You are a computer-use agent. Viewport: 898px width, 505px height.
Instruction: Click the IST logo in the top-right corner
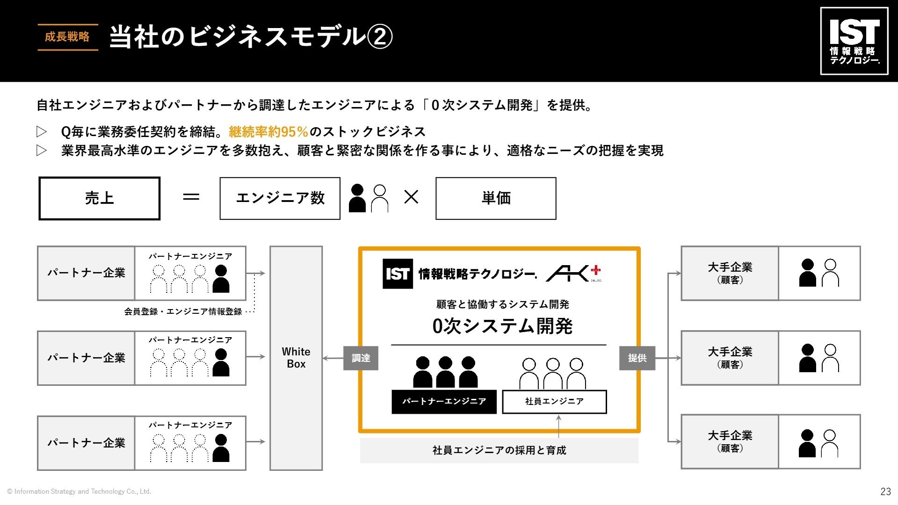tap(854, 41)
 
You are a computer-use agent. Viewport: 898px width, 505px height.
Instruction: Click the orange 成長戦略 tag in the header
tap(67, 37)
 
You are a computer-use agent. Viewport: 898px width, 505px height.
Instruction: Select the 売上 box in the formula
tap(99, 198)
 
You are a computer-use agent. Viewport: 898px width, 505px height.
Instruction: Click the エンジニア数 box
tap(280, 198)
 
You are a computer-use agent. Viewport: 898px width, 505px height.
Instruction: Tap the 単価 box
tap(496, 198)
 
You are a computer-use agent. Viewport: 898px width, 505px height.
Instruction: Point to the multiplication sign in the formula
tap(411, 197)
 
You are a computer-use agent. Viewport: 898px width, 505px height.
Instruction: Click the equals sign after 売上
tap(191, 197)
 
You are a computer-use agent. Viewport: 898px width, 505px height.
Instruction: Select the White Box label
tap(296, 358)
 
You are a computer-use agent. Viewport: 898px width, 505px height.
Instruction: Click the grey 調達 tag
tap(361, 358)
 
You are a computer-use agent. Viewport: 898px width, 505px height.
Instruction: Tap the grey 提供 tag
tap(637, 358)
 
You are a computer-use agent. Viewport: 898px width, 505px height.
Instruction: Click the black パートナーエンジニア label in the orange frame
tap(444, 402)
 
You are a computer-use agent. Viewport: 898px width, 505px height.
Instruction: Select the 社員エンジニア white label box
tap(554, 402)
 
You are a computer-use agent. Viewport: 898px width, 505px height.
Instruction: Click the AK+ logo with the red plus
tap(574, 273)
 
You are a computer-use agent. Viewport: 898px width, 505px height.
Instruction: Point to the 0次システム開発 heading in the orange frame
tap(502, 326)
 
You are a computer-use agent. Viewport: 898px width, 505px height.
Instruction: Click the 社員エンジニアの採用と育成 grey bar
tap(499, 450)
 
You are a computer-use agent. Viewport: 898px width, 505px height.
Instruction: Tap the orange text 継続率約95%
tap(268, 132)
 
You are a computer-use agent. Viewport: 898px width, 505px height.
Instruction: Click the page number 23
tap(885, 491)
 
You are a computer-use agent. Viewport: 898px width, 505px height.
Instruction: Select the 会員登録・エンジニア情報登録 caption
tap(183, 312)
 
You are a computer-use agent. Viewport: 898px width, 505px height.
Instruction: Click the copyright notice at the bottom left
tap(79, 491)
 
